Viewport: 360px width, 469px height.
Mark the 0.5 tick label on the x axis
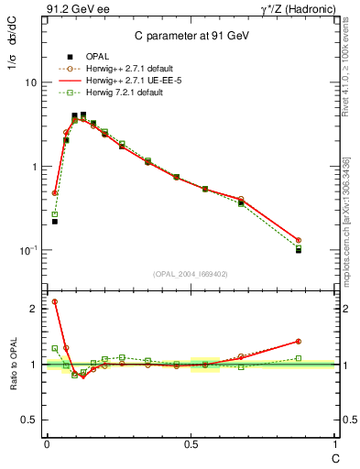[x=191, y=443]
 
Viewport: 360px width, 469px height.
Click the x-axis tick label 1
[x=333, y=443]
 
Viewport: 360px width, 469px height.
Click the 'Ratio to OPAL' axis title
[x=11, y=364]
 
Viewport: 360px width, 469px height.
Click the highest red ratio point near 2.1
[x=55, y=301]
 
